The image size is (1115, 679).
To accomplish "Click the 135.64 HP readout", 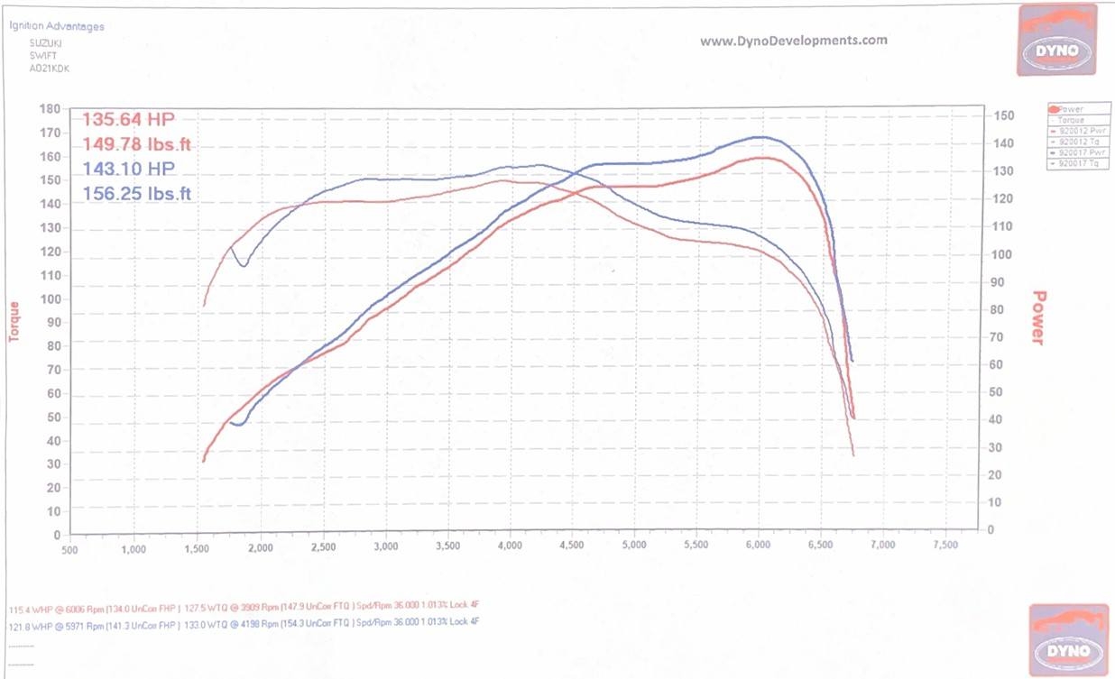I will point(129,120).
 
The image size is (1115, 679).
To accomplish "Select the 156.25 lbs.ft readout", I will point(137,193).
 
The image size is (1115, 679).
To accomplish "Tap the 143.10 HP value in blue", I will point(129,169).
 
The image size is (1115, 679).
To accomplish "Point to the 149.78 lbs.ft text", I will point(137,144).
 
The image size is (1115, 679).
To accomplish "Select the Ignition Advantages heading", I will point(57,27).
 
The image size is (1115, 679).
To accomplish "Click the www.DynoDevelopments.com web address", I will point(794,41).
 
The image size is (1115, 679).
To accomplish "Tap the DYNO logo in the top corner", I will point(1056,41).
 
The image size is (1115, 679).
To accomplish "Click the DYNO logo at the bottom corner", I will point(1068,639).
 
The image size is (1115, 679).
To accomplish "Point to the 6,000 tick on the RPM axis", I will point(758,546).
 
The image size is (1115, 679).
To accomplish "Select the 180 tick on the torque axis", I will point(51,109).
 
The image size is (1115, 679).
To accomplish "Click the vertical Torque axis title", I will point(14,321).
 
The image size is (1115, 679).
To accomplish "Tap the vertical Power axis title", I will point(1038,317).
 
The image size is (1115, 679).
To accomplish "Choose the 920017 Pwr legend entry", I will point(1073,152).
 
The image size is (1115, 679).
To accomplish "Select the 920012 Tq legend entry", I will point(1073,142).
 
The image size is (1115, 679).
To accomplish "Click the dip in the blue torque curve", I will point(244,263).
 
